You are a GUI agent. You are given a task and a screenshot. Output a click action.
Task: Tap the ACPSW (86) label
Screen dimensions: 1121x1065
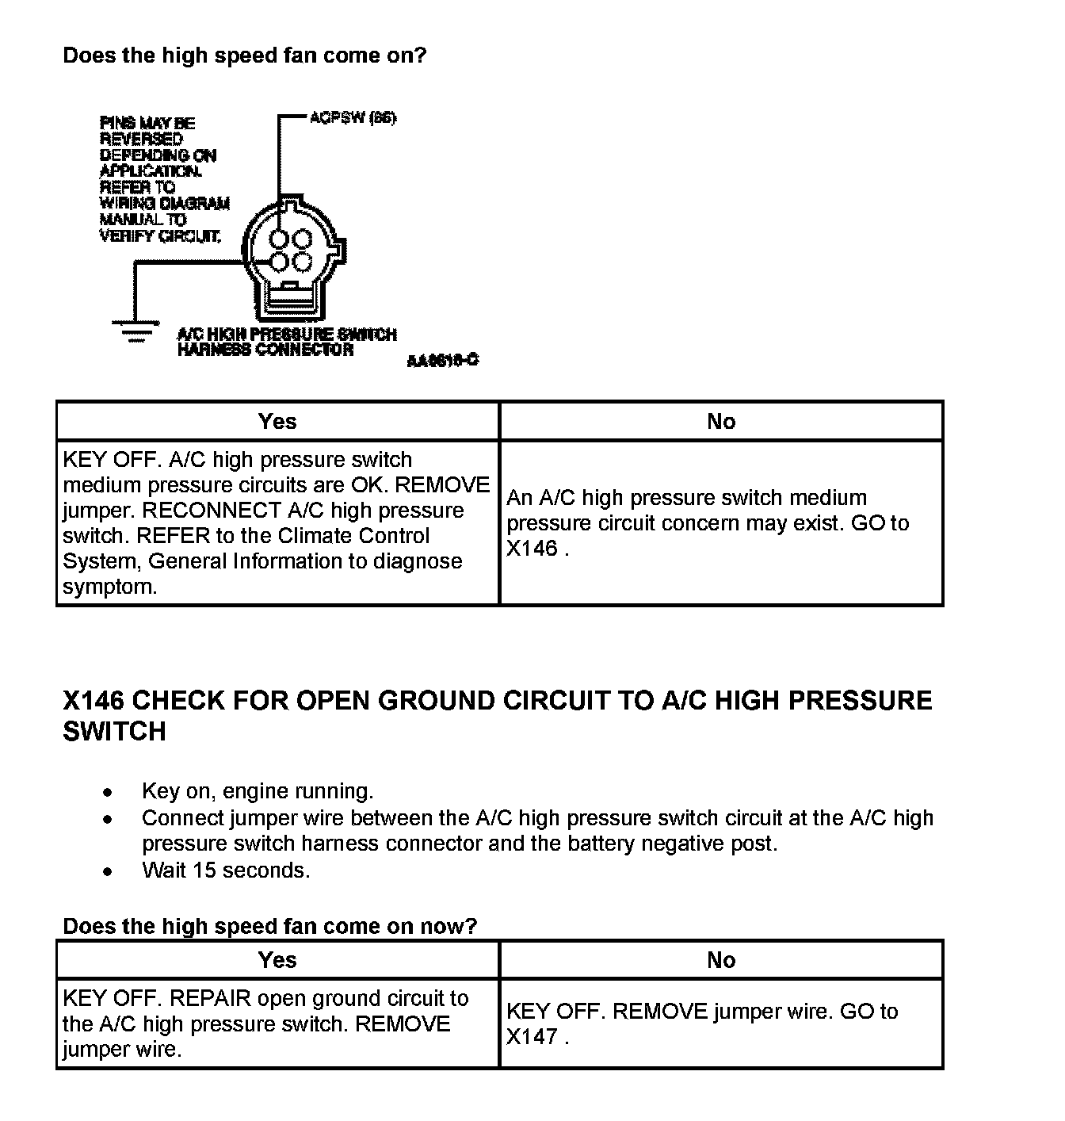[x=352, y=118]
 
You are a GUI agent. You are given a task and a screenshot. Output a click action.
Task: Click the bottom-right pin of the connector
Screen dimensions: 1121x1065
[x=303, y=262]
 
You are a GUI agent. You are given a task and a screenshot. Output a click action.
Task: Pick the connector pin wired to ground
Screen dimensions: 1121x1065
[x=279, y=262]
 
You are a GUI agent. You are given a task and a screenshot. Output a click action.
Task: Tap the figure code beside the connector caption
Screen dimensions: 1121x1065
[x=443, y=361]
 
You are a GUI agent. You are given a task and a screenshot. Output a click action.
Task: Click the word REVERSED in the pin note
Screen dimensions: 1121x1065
[x=141, y=139]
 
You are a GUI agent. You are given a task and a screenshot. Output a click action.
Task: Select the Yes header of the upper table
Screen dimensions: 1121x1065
[x=277, y=421]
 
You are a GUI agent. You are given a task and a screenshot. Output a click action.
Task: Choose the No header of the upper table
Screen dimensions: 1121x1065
[x=721, y=421]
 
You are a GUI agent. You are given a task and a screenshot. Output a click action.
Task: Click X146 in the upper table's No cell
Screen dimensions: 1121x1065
[x=532, y=549]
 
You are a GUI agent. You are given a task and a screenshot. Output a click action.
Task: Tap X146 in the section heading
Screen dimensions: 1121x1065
[x=93, y=701]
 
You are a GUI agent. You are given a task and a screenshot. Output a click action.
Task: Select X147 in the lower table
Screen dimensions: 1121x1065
[x=532, y=1037]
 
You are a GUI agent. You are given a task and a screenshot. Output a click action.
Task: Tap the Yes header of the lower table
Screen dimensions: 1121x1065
[x=277, y=960]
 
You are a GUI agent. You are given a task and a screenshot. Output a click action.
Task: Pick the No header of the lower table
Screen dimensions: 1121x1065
[x=721, y=960]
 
